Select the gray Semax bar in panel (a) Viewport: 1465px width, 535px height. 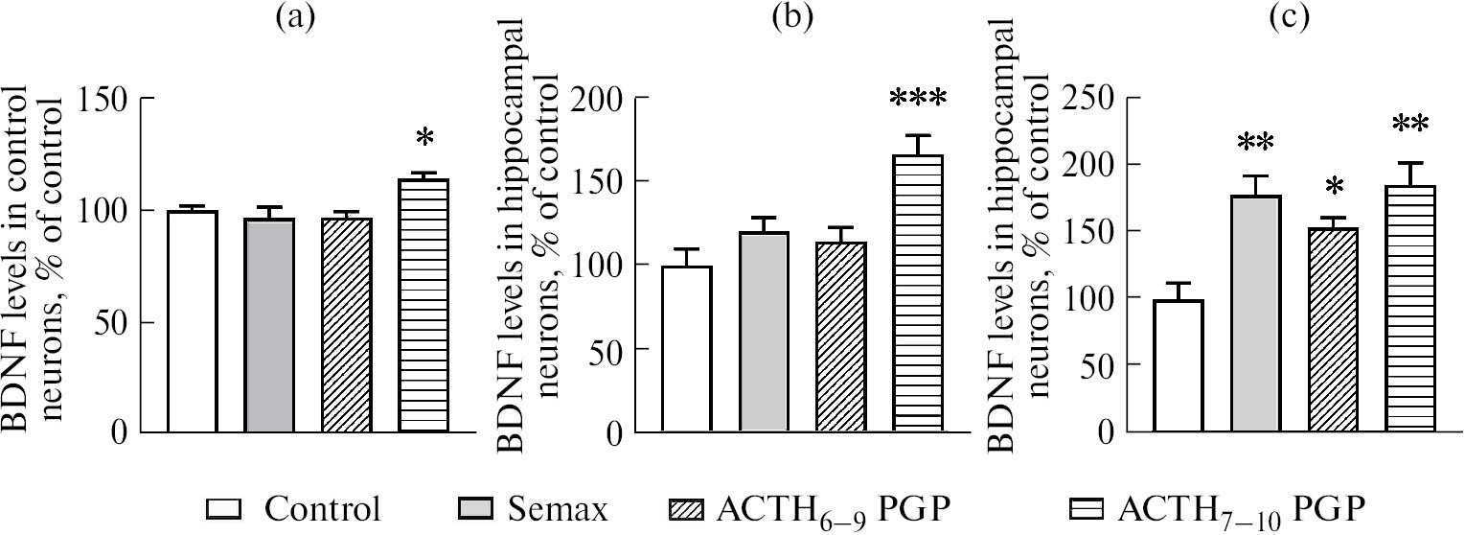pos(269,324)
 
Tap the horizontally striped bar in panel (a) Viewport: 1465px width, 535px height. pos(423,305)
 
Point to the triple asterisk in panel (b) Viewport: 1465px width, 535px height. pos(917,99)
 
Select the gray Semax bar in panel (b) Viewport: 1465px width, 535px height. pos(764,332)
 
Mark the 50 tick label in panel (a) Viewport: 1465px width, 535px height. pos(119,321)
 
